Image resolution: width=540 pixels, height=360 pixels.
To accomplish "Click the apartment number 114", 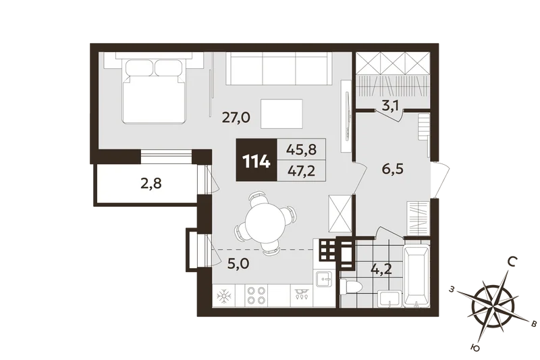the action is click(x=256, y=161).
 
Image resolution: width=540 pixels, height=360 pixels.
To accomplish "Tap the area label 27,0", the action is click(x=236, y=118).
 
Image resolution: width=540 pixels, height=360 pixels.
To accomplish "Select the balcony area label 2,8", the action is click(x=151, y=184).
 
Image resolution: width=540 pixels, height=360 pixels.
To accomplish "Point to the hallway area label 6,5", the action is click(x=393, y=169).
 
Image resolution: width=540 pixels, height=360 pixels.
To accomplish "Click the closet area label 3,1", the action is click(x=390, y=106).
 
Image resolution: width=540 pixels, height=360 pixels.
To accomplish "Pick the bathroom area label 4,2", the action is click(x=381, y=269).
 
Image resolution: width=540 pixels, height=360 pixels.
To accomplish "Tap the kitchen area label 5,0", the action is click(x=238, y=265).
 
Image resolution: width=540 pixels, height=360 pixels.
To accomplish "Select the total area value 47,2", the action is click(x=301, y=171).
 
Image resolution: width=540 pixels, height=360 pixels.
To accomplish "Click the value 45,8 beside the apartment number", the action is click(x=301, y=149).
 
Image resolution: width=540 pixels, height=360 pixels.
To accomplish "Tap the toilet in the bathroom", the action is click(x=350, y=286).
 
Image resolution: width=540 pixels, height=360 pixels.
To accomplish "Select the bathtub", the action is click(x=416, y=276).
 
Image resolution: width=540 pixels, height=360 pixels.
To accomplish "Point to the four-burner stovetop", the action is click(x=256, y=295).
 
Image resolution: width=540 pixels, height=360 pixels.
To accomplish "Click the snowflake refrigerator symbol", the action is click(x=224, y=296).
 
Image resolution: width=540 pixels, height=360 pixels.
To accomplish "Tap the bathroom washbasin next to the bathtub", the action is click(x=389, y=299).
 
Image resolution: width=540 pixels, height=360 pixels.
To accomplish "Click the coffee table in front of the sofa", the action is click(x=281, y=114).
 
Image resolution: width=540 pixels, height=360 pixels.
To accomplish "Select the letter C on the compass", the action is click(x=512, y=263).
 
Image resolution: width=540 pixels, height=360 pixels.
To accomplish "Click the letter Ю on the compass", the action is click(x=475, y=349).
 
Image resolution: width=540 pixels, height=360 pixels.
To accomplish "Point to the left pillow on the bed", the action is click(x=139, y=68).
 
